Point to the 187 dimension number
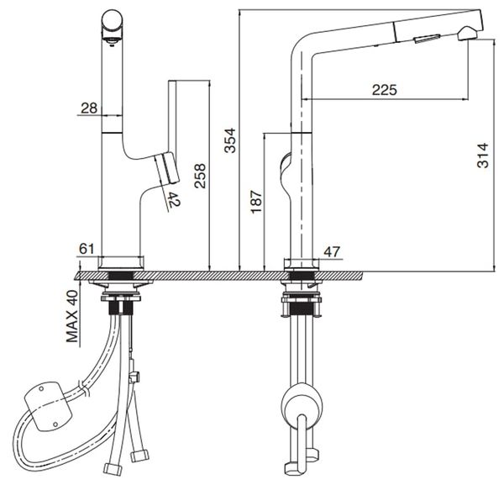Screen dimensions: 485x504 [255, 203]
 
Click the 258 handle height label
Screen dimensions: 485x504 [199, 177]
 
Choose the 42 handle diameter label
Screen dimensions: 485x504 [173, 200]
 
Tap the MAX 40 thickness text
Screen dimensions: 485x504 [72, 319]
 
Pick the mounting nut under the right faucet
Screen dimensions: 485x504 [301, 303]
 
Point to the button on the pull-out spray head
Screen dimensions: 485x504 [427, 35]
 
